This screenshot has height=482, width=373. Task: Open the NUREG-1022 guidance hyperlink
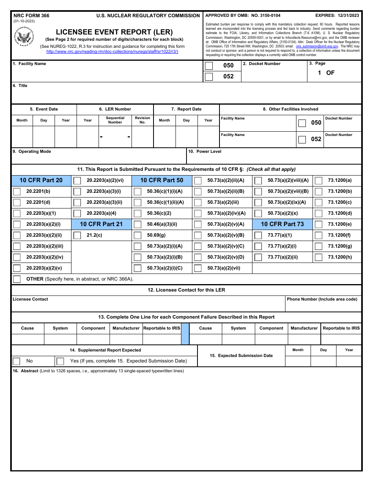112,51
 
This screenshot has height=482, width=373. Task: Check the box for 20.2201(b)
17,192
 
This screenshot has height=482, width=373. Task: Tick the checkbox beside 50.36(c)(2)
137,214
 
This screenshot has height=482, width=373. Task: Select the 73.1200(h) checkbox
318,257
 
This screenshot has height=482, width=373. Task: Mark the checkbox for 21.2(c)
77,236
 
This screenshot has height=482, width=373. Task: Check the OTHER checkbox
17,279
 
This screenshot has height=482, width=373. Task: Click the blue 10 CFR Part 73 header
282,224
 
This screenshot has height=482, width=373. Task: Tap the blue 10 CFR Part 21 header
101,224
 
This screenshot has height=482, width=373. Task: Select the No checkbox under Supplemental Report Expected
16,361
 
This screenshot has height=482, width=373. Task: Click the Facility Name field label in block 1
29,64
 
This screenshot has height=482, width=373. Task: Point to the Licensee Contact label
30,299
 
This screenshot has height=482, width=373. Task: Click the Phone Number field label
322,299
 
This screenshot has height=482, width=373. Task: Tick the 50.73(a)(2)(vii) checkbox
198,268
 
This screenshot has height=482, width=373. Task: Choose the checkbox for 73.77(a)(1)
258,236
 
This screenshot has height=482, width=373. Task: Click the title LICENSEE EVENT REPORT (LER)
114,32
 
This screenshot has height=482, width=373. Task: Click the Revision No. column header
143,120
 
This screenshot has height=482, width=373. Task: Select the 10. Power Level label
205,152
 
